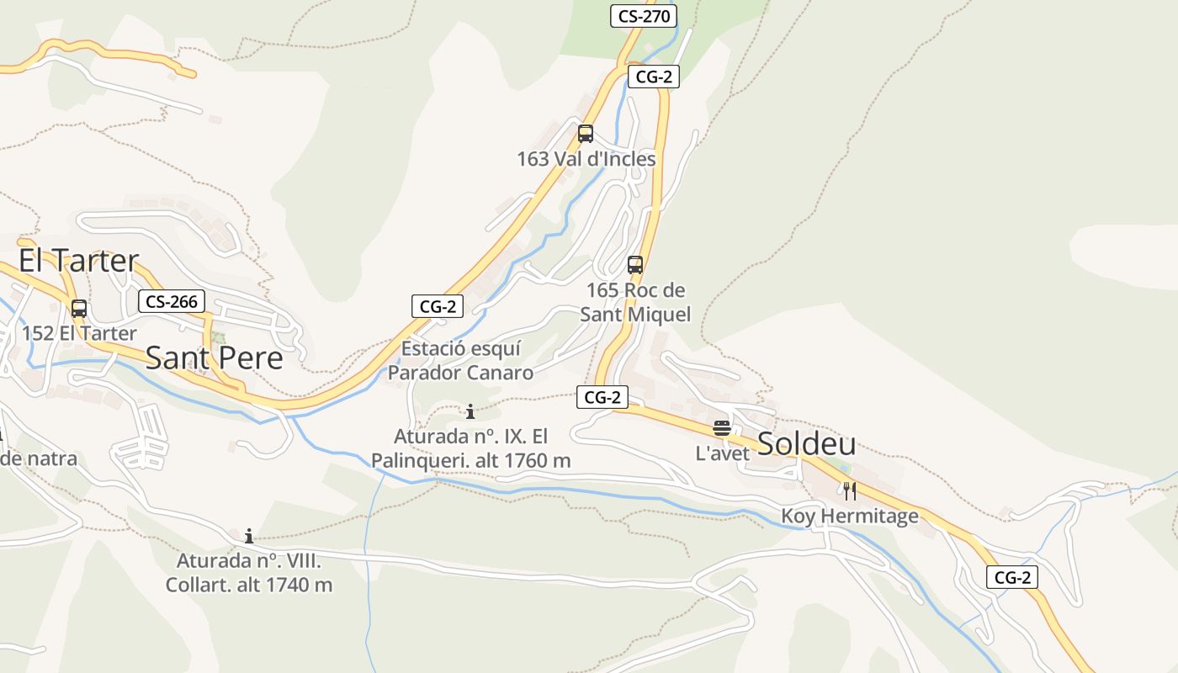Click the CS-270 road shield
tap(644, 16)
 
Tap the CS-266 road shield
tap(172, 302)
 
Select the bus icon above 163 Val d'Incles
tap(586, 134)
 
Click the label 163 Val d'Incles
tap(586, 159)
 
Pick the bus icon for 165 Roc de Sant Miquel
tap(635, 265)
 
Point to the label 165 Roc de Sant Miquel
tap(635, 302)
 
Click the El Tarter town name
tap(78, 261)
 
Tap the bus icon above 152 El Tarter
tap(79, 309)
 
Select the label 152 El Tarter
tap(79, 333)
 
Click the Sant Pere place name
tap(215, 358)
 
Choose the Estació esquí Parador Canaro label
tap(461, 360)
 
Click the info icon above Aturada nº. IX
tap(470, 411)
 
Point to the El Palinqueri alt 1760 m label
tap(471, 448)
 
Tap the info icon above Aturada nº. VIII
tap(249, 536)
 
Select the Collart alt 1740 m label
tap(249, 573)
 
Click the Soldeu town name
tap(807, 443)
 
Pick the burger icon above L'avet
tap(721, 427)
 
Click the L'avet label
tap(722, 453)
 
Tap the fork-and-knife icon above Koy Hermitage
tap(850, 491)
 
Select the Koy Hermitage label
tap(850, 516)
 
